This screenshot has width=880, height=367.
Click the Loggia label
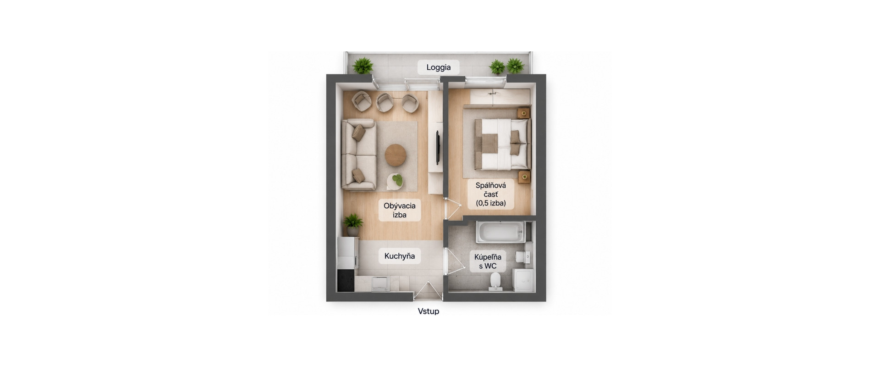click(439, 67)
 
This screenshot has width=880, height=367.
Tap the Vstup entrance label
click(429, 311)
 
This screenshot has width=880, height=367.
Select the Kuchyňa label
click(400, 256)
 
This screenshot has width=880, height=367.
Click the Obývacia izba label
click(400, 210)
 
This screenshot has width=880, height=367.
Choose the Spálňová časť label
click(490, 194)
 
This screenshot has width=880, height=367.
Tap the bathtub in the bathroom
click(500, 233)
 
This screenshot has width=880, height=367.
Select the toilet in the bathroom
click(495, 281)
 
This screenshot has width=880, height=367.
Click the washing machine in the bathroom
click(523, 280)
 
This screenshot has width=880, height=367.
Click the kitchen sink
click(380, 284)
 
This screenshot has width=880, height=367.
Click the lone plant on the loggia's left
click(363, 66)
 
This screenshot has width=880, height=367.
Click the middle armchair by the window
click(385, 103)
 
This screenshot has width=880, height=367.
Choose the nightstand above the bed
click(523, 112)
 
